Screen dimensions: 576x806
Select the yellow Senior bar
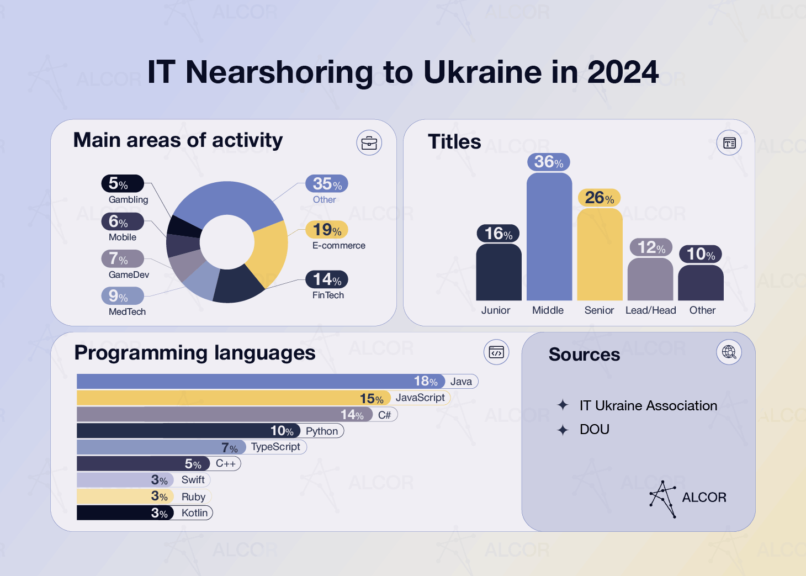600,254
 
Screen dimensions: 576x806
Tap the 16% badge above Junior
498,234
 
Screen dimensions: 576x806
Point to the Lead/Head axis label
650,310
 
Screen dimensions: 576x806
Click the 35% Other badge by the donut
327,184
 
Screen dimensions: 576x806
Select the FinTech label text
328,295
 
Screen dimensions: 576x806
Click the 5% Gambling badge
122,183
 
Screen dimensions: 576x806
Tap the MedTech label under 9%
127,312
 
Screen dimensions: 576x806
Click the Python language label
322,431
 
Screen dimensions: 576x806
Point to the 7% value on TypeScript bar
229,448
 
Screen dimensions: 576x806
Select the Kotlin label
194,513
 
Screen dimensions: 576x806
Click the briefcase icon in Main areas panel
369,143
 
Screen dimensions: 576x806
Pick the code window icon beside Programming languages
496,352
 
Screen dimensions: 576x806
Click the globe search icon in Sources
729,352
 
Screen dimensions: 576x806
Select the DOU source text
594,430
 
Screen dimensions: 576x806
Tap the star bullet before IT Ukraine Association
563,405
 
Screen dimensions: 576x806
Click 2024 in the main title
623,72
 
